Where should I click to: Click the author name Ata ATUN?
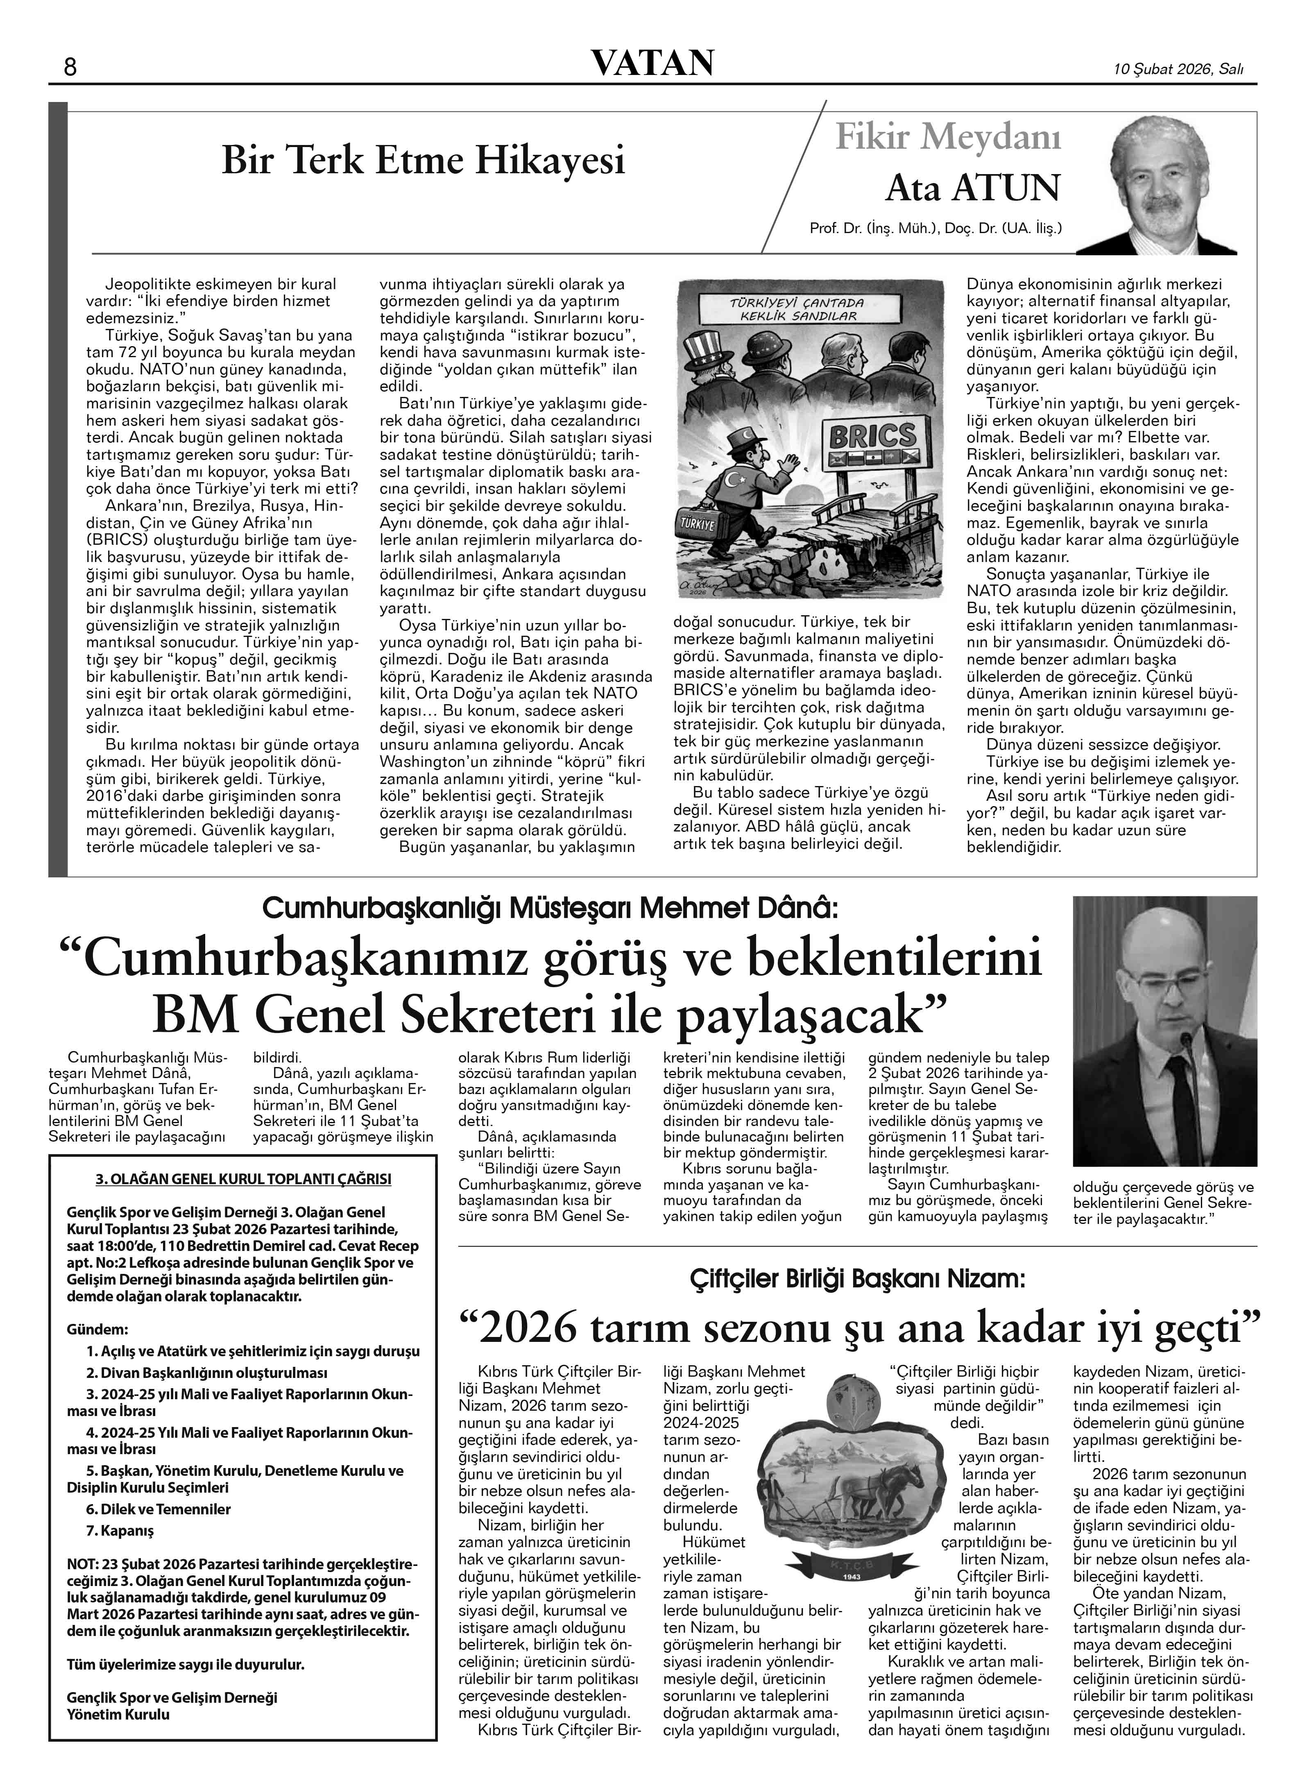[x=972, y=188]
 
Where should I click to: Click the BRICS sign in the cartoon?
[x=872, y=435]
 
